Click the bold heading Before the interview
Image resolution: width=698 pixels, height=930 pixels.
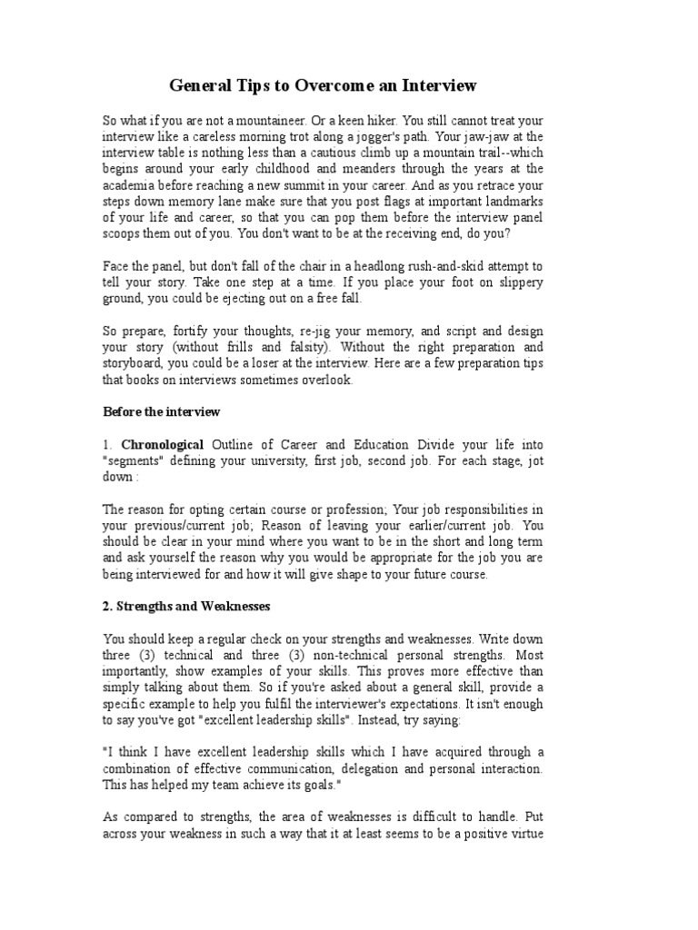coord(161,411)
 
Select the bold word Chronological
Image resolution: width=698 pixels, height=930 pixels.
coord(163,444)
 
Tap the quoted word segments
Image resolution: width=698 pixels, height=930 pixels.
coord(135,460)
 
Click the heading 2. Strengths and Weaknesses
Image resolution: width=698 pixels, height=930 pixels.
coord(186,605)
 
